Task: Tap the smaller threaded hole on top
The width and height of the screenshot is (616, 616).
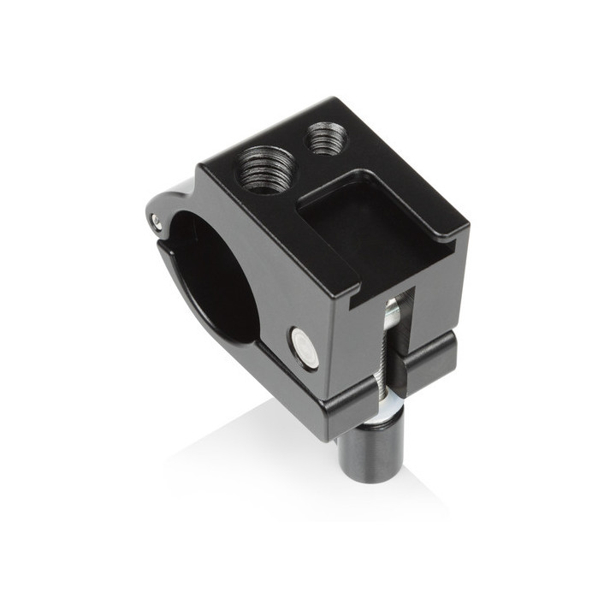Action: (x=327, y=138)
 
